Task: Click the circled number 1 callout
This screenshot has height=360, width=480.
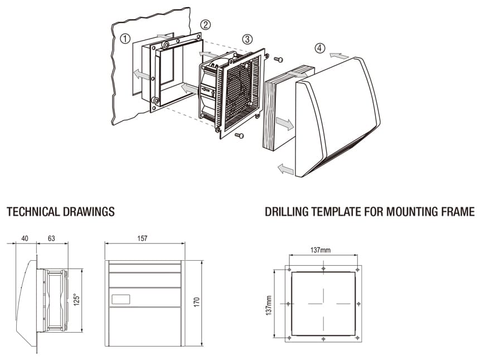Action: pyautogui.click(x=125, y=38)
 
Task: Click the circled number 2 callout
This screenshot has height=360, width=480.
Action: pyautogui.click(x=206, y=24)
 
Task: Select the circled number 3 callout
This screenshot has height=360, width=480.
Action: pyautogui.click(x=247, y=39)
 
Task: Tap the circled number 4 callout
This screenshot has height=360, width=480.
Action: pyautogui.click(x=318, y=48)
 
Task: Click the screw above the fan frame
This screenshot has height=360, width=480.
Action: pyautogui.click(x=279, y=59)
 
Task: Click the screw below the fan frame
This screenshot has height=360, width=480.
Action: pyautogui.click(x=240, y=135)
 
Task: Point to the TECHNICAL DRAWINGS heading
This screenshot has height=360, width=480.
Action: pyautogui.click(x=60, y=212)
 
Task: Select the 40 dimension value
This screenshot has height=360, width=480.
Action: pyautogui.click(x=25, y=239)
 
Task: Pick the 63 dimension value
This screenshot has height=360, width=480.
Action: pyautogui.click(x=51, y=239)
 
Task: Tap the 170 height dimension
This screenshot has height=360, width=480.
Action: pyautogui.click(x=196, y=301)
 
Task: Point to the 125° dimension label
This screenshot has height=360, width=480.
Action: pyautogui.click(x=76, y=300)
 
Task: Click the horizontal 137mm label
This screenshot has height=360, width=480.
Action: pyautogui.click(x=323, y=250)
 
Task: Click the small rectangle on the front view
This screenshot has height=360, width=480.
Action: pyautogui.click(x=120, y=299)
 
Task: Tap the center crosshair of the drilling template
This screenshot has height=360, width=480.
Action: pyautogui.click(x=323, y=303)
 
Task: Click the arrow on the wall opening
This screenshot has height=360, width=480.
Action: pyautogui.click(x=142, y=74)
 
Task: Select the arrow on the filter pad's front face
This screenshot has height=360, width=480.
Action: pyautogui.click(x=284, y=124)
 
